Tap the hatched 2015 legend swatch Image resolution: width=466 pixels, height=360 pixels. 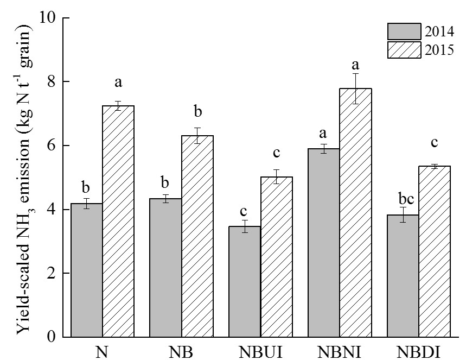tap(404, 49)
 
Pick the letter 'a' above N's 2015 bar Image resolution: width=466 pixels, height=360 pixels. tap(118, 84)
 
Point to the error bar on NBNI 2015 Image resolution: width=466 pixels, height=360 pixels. tap(356, 89)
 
